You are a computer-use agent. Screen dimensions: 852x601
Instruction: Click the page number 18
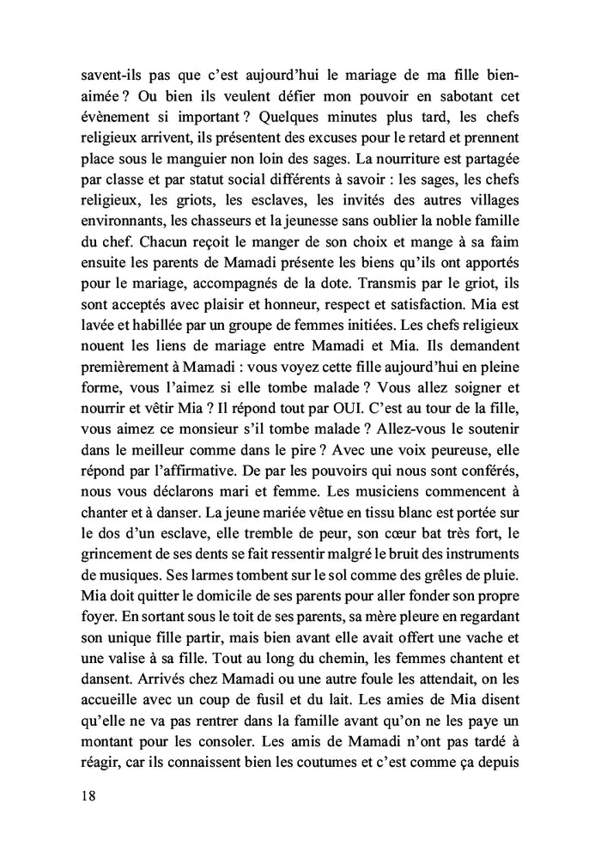point(87,795)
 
